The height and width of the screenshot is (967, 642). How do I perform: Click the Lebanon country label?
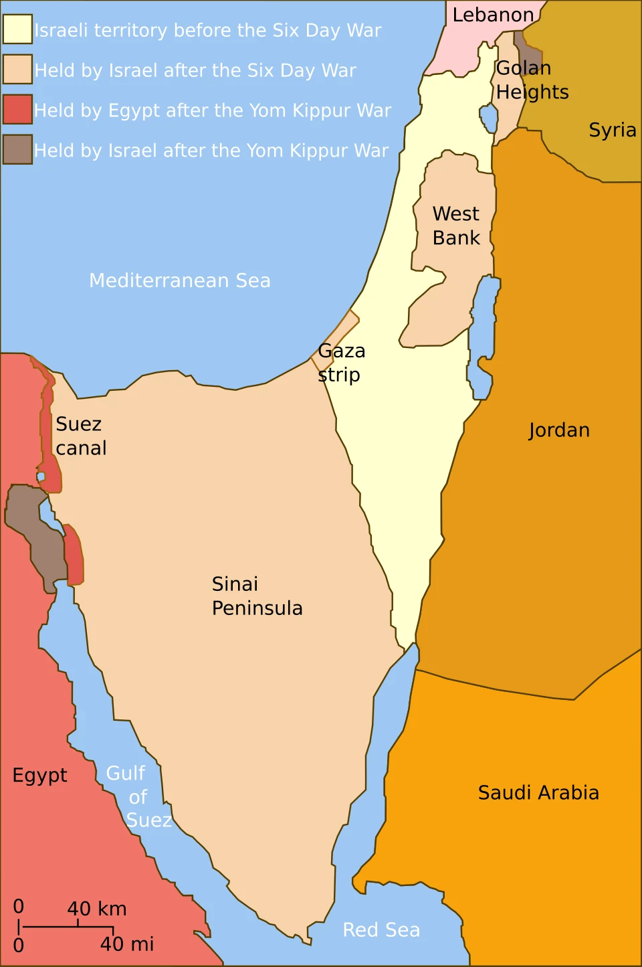tap(493, 15)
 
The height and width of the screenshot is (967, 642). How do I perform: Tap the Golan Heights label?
tap(532, 80)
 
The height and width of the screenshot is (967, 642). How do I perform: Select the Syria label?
tap(612, 130)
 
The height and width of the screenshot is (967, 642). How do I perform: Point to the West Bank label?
tap(456, 226)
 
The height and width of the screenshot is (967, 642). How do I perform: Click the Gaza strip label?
tap(341, 362)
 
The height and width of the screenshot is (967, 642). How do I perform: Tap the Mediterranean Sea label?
tap(180, 280)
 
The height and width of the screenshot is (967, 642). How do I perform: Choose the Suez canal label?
tap(81, 436)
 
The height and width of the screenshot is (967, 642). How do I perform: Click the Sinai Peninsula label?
tap(257, 596)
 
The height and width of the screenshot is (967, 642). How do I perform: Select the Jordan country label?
tap(559, 430)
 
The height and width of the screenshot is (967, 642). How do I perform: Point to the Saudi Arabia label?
tap(538, 792)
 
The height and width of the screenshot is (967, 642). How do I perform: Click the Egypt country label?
tap(40, 775)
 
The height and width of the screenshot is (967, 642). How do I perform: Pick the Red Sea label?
tap(381, 930)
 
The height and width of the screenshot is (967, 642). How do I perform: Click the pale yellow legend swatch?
tap(17, 29)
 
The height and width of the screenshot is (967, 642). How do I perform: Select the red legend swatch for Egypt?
tap(17, 110)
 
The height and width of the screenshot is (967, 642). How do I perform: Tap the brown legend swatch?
tap(17, 149)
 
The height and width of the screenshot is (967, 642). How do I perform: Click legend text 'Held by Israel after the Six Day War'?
tap(195, 70)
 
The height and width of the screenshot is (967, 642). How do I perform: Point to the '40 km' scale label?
tap(97, 909)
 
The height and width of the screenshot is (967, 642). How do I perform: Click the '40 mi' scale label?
tap(127, 944)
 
